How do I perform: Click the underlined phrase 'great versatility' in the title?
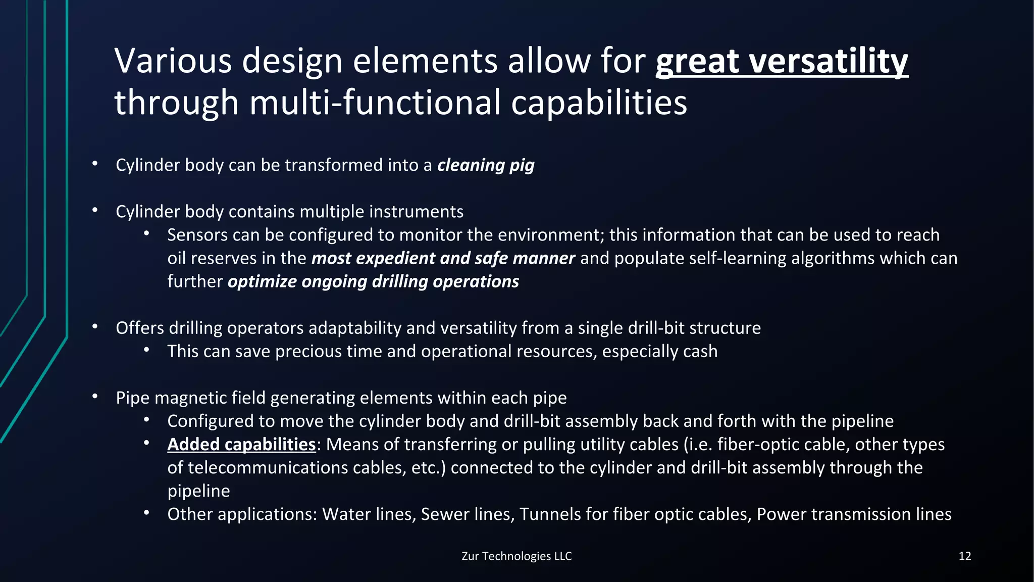782,62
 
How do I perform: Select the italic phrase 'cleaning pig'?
486,165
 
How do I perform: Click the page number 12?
964,556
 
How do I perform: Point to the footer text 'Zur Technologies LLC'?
516,556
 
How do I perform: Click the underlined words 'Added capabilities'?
241,445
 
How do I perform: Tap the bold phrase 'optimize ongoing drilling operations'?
373,281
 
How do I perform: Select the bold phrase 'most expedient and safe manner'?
443,258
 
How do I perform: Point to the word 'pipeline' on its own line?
198,491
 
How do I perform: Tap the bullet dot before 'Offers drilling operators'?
95,327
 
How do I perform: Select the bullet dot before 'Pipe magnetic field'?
95,397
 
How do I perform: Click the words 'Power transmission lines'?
854,514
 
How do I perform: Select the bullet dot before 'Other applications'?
146,513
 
